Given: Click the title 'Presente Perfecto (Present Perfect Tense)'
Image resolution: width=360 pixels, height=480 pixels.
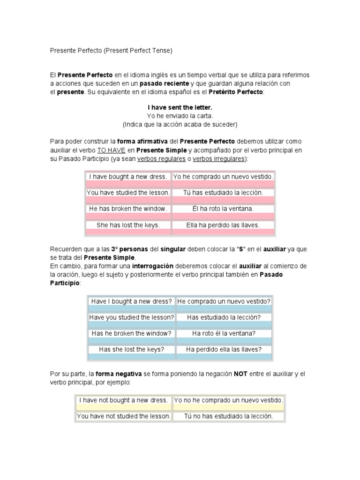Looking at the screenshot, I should [x=111, y=50].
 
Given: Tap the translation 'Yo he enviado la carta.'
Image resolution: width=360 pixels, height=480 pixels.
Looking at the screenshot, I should [x=180, y=116].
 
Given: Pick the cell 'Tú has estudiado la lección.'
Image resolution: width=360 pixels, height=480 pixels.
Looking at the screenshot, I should [x=223, y=193].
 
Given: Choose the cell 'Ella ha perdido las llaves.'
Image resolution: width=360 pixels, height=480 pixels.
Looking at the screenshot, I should [x=223, y=225].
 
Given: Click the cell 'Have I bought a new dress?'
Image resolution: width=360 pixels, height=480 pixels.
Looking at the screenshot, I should [x=131, y=301].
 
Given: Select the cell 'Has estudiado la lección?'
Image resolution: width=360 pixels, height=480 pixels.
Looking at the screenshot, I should [x=224, y=317].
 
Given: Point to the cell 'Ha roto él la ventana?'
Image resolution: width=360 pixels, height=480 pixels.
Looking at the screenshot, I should [x=224, y=333].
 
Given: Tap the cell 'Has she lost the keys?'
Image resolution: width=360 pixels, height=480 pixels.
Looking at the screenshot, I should [x=131, y=349].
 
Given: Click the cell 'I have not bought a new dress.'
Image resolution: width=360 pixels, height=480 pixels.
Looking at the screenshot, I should [x=123, y=400].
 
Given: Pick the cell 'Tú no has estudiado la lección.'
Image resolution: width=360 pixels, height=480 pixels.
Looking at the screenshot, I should [x=228, y=416].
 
